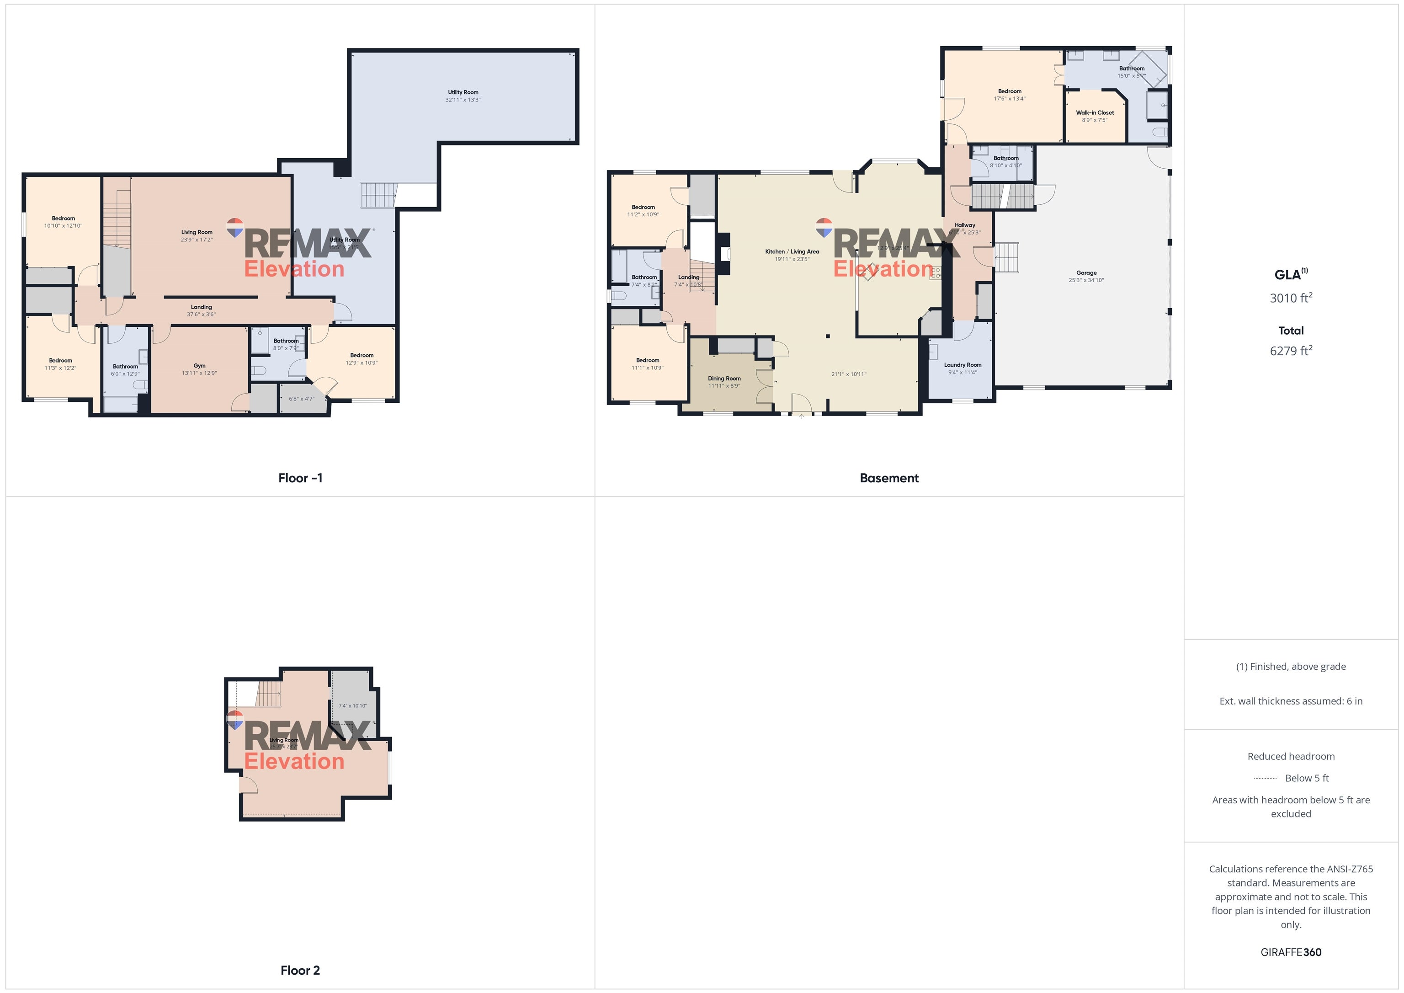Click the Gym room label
click(199, 366)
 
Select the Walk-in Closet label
click(1095, 112)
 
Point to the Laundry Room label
click(963, 365)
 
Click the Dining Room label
click(724, 379)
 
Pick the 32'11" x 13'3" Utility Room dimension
click(463, 100)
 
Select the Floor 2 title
click(300, 970)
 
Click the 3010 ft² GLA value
click(1290, 298)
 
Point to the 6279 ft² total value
click(1290, 351)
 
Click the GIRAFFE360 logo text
click(1290, 952)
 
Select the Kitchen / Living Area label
click(792, 251)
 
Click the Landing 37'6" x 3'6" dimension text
click(201, 315)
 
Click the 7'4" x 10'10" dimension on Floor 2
click(353, 706)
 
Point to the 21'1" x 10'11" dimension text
click(849, 374)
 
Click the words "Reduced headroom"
click(1290, 756)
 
